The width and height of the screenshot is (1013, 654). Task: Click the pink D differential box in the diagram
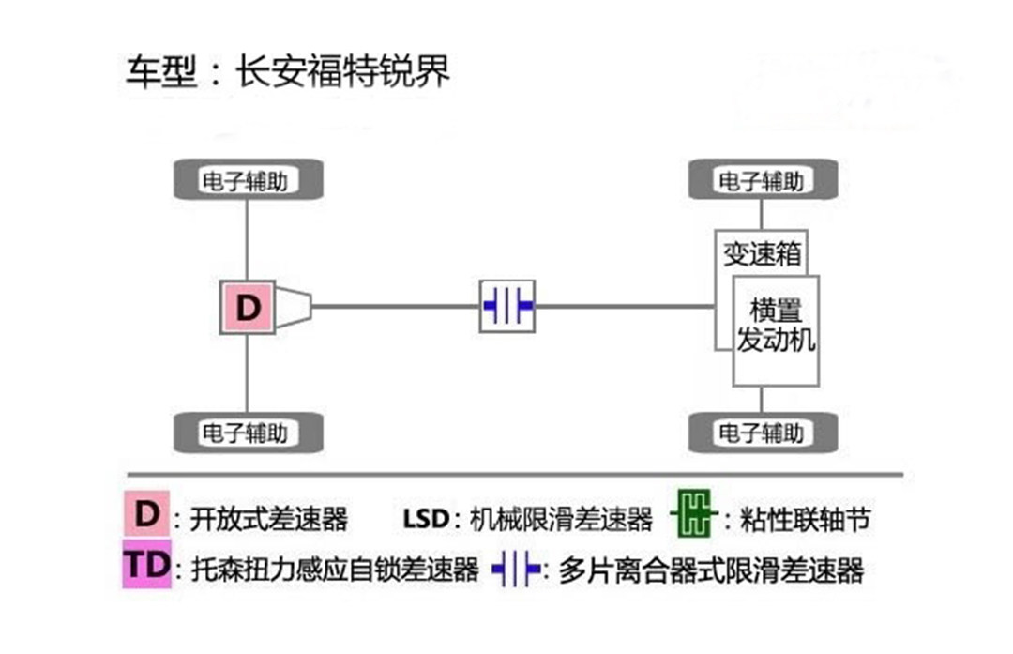tap(247, 307)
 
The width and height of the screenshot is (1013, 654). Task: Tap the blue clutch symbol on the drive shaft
tap(507, 306)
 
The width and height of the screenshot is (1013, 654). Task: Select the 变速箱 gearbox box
tap(761, 252)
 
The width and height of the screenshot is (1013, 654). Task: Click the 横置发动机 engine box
tap(776, 326)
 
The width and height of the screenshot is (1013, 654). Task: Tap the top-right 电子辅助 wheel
tap(763, 180)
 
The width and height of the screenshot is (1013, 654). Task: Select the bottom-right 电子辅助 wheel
tap(763, 433)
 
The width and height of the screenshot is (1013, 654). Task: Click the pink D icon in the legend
tap(146, 515)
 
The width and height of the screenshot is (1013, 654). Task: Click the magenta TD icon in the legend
tap(146, 566)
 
